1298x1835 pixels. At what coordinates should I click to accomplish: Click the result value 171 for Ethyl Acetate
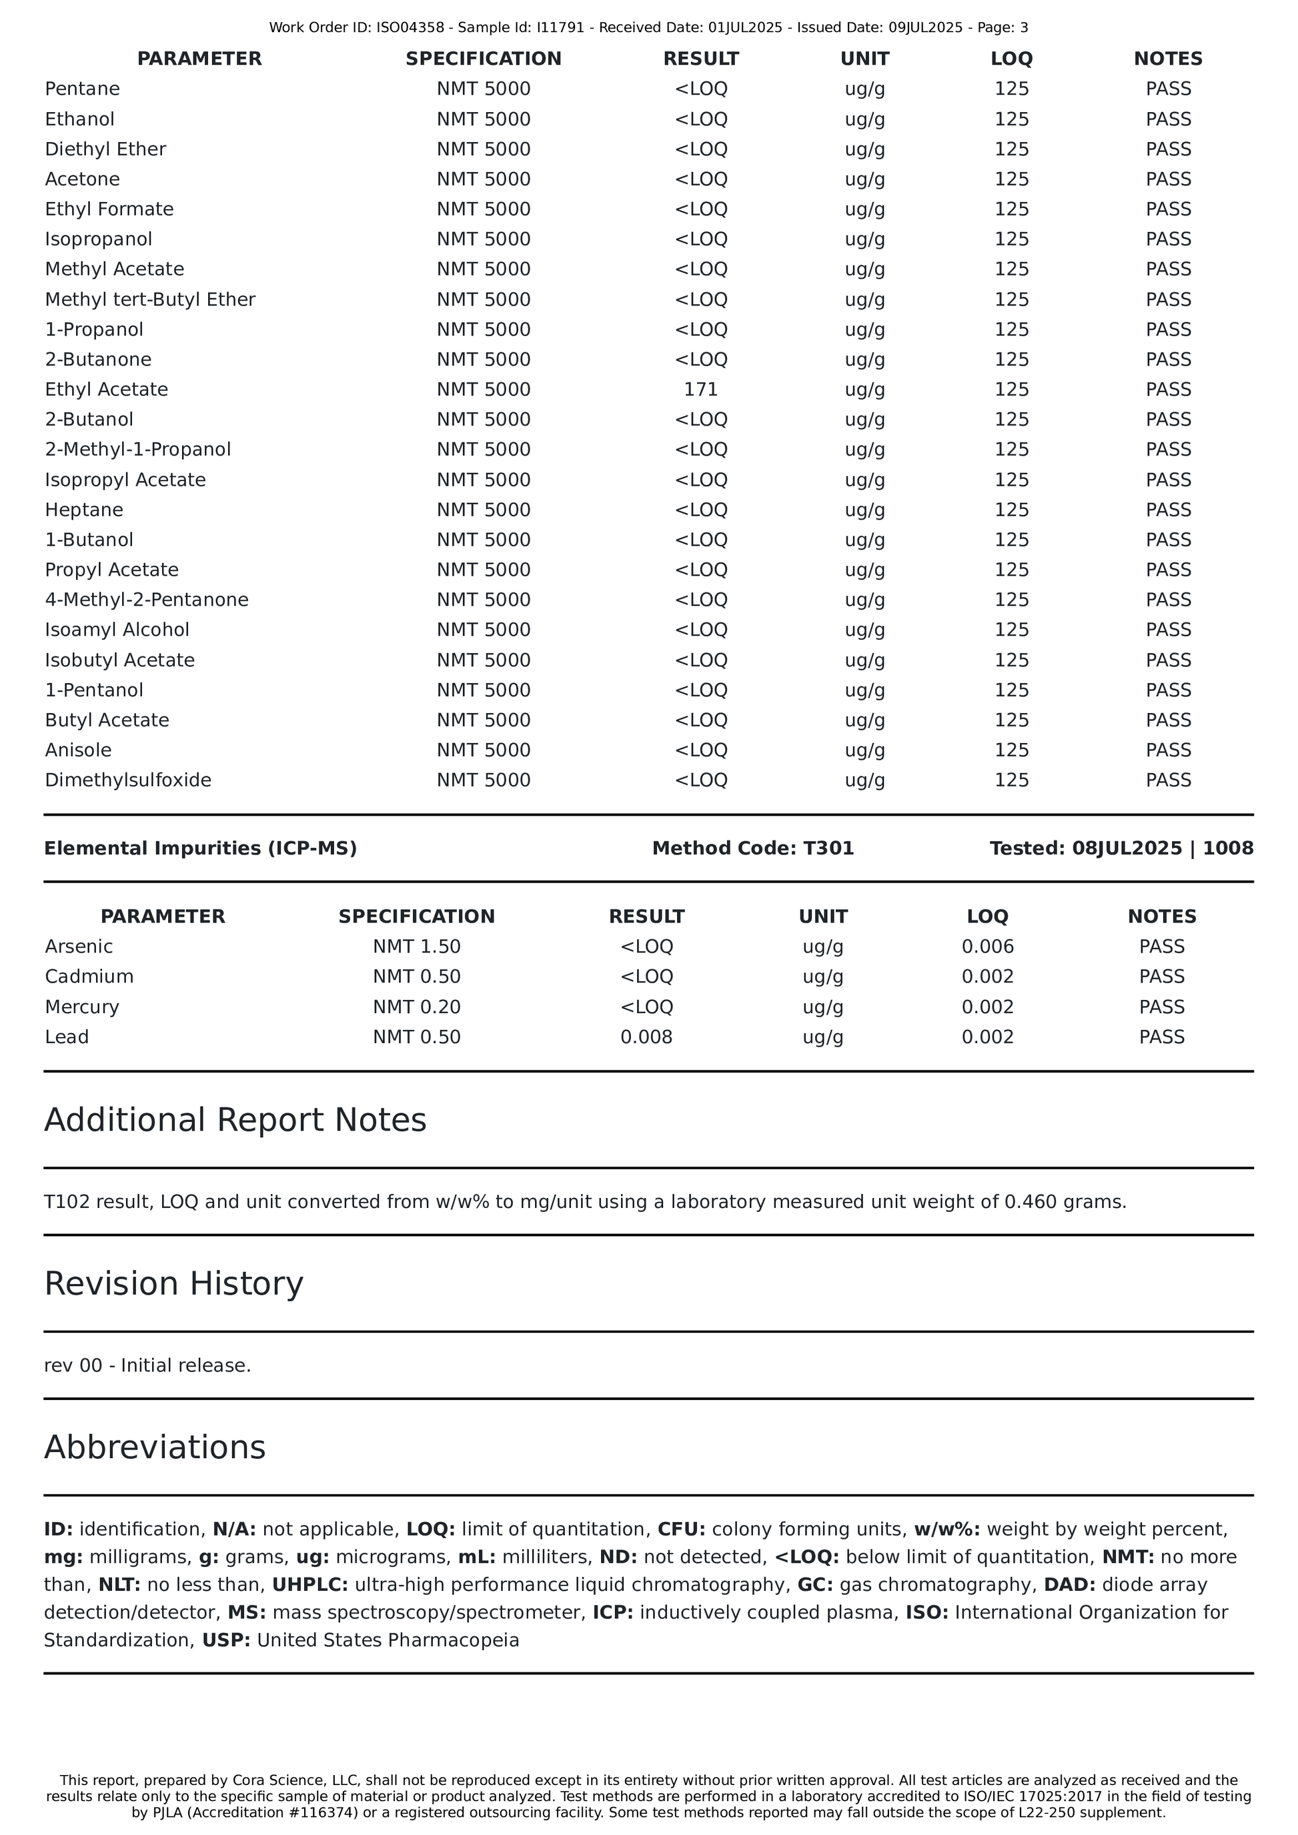700,390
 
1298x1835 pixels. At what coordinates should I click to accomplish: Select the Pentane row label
82,89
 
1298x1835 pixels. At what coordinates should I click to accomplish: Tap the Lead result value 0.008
646,1037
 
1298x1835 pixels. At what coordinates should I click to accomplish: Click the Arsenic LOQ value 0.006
987,947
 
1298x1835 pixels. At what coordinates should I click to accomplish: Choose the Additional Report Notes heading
235,1120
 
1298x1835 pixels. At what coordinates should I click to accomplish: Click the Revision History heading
173,1283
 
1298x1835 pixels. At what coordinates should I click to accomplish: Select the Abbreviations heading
154,1447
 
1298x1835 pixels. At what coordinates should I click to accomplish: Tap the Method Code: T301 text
753,848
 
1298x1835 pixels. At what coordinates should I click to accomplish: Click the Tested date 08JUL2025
1126,848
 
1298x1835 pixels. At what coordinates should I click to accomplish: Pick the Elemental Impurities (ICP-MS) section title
200,848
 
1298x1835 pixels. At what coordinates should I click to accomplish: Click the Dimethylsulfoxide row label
128,780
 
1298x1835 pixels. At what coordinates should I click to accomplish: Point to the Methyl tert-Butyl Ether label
150,299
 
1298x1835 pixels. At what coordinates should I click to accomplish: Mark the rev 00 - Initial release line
147,1365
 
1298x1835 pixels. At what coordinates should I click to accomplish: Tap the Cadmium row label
89,977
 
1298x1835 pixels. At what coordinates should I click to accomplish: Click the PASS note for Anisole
1168,750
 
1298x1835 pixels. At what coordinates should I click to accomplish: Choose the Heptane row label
84,510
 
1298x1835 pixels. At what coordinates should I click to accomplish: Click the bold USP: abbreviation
226,1640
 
